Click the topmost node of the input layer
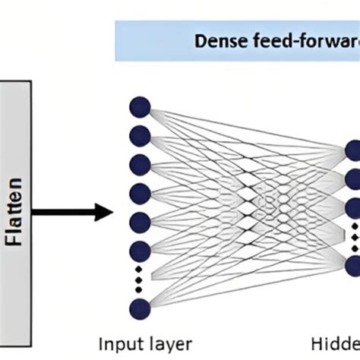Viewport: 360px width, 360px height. coord(140,106)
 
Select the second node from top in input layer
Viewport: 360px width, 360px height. coord(140,135)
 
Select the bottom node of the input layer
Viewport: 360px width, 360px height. coord(140,308)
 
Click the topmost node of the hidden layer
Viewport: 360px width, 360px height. coord(353,150)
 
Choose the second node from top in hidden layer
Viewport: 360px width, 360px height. coord(353,179)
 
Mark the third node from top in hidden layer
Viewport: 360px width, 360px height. coord(353,208)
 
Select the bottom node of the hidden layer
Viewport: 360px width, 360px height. coord(353,265)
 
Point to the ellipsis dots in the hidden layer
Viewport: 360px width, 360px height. coord(353,236)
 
